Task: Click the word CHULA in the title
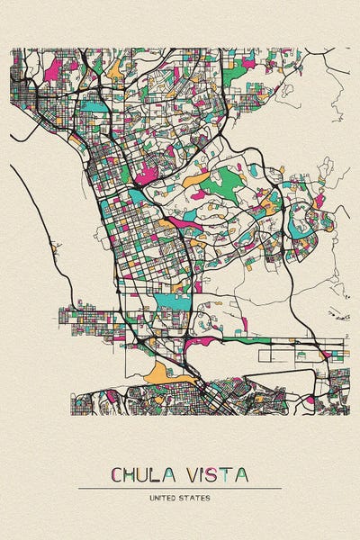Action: pyautogui.click(x=148, y=474)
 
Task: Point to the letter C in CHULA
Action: pyautogui.click(x=117, y=474)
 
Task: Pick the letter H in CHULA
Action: pyautogui.click(x=132, y=474)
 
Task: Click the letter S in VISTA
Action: pyautogui.click(x=216, y=474)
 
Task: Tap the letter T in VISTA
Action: pyautogui.click(x=229, y=474)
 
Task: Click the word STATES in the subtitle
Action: pyautogui.click(x=197, y=497)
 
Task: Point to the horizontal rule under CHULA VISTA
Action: pyautogui.click(x=180, y=488)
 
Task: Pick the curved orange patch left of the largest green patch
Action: pyautogui.click(x=193, y=180)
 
